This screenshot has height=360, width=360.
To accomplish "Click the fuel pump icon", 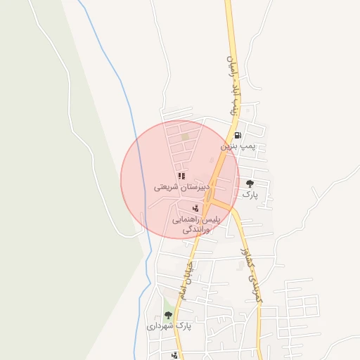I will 238,136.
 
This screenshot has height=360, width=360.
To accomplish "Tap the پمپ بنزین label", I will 236,146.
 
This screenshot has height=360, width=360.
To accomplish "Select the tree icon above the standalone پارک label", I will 250,184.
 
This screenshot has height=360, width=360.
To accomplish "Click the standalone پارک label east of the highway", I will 250,193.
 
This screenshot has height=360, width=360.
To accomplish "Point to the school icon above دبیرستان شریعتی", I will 181,176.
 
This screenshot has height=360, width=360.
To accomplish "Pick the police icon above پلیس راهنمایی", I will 196,208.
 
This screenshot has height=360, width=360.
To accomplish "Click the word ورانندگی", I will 197,230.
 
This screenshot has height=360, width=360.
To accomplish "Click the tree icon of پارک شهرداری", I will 167,315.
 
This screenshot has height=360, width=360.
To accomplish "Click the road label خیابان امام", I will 186,277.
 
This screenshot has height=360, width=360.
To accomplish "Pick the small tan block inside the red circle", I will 186,137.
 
